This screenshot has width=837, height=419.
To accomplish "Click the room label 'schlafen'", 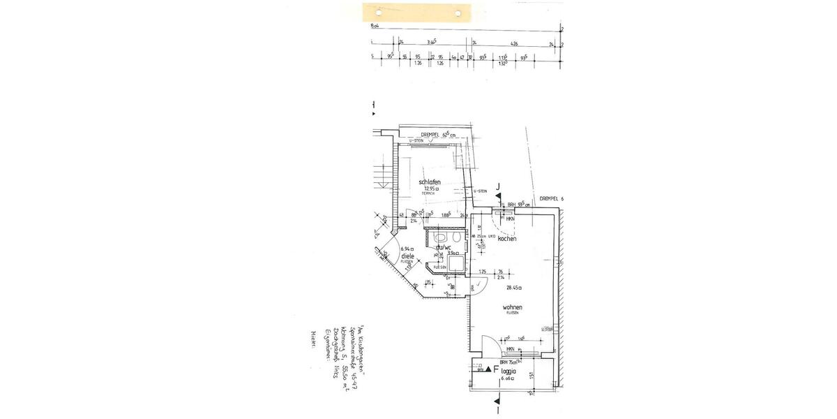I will click(429, 182).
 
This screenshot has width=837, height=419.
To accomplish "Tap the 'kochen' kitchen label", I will click(507, 239).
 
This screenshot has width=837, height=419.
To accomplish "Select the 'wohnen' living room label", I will click(512, 307).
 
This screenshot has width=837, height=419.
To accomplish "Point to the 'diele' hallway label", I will click(407, 256).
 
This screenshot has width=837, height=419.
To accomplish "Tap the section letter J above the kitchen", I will click(498, 186).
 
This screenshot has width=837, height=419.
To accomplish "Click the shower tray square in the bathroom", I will click(455, 263).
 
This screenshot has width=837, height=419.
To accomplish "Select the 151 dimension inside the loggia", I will click(531, 377).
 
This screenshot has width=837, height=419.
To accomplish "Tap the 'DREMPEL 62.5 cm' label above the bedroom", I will click(438, 134).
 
